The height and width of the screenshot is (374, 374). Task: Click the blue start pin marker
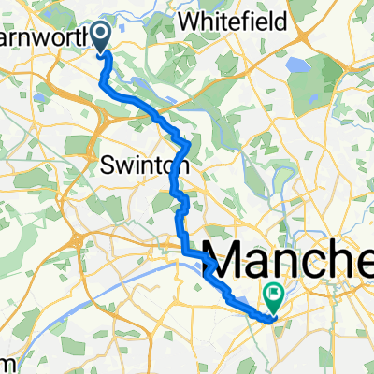click(102, 36)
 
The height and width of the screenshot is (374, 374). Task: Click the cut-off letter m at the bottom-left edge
click(5, 363)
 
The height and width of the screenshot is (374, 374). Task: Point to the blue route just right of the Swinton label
click(187, 159)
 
